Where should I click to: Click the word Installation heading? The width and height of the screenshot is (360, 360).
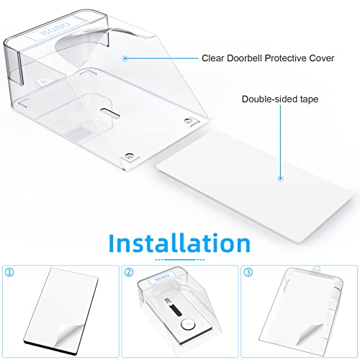pyautogui.click(x=180, y=240)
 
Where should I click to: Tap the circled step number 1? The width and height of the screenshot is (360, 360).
pyautogui.click(x=9, y=273)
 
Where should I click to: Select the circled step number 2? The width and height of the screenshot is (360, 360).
pyautogui.click(x=130, y=273)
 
